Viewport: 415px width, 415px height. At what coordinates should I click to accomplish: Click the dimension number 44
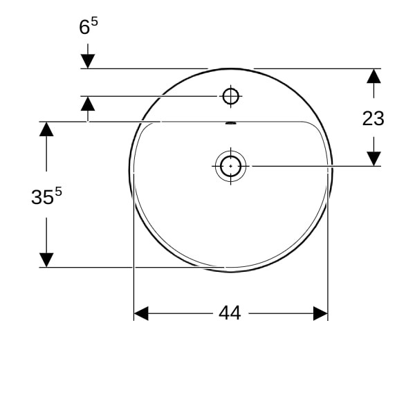(x=230, y=313)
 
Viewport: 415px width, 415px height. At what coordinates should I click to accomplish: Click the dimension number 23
(x=373, y=118)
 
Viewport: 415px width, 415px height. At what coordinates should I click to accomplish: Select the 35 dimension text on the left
(x=42, y=197)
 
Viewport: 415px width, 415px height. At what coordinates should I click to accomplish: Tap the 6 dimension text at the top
(x=84, y=27)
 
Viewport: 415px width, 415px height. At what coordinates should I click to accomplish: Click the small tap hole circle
(x=231, y=96)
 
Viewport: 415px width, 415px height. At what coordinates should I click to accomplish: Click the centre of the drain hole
(x=230, y=166)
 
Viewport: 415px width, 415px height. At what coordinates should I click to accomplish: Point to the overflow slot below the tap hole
(x=230, y=123)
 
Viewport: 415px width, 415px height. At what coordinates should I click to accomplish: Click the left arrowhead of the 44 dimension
(x=141, y=313)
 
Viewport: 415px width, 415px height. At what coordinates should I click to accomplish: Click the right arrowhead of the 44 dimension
(x=320, y=313)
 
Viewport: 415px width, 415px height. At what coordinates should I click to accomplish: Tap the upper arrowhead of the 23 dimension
(x=373, y=76)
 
